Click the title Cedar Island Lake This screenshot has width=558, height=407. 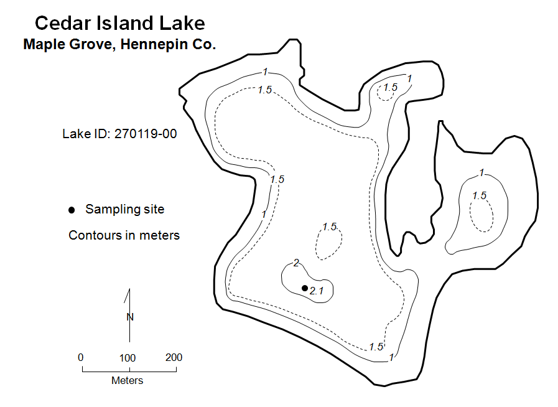click(x=120, y=23)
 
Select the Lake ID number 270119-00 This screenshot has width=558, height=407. click(x=146, y=134)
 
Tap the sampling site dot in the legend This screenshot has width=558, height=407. click(x=72, y=210)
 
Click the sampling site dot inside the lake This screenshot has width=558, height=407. click(x=305, y=288)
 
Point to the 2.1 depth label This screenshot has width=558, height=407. click(x=317, y=291)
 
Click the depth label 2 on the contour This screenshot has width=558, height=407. click(x=296, y=263)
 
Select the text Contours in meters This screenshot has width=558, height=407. click(x=124, y=235)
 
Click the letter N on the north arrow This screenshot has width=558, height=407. click(x=130, y=317)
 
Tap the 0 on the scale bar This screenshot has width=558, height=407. click(x=81, y=357)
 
